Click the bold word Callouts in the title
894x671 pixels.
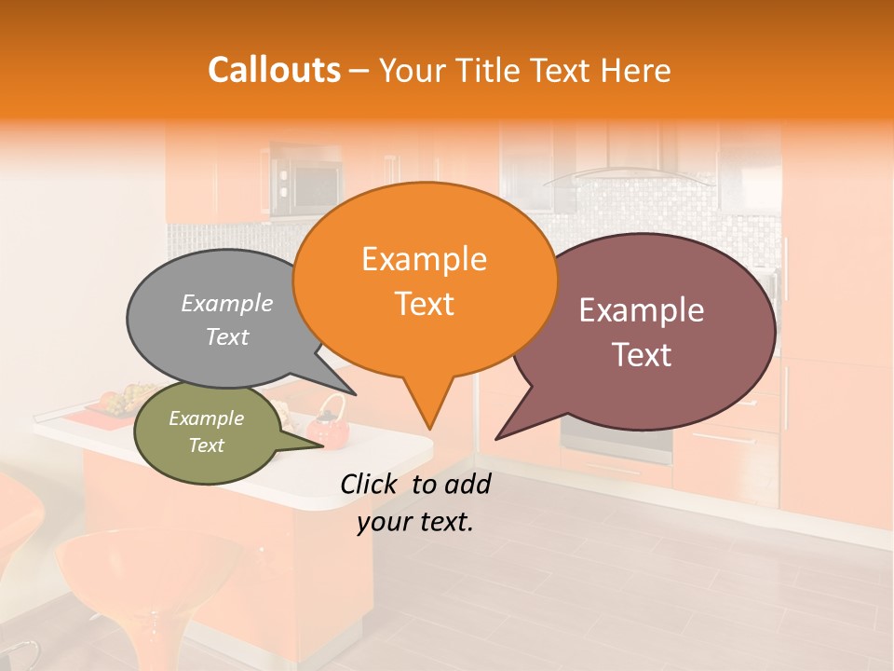click(x=274, y=70)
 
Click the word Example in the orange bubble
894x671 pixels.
click(x=424, y=259)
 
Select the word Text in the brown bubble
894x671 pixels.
click(x=642, y=355)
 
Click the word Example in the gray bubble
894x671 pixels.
click(x=227, y=304)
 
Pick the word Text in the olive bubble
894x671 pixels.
click(x=206, y=445)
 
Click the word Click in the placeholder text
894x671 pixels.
click(x=371, y=484)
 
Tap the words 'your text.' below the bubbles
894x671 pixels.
click(x=415, y=523)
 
